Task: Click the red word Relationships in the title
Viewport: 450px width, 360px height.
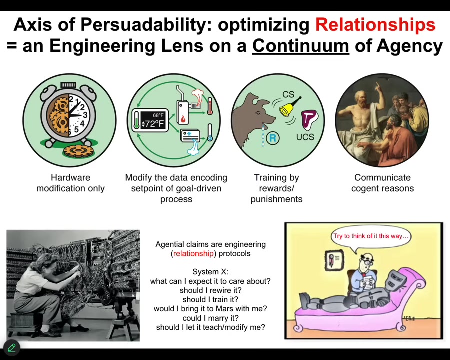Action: click(x=375, y=24)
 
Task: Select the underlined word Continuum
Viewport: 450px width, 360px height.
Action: click(x=301, y=46)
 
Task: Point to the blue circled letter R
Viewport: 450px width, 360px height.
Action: click(x=273, y=138)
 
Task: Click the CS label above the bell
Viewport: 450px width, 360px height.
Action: click(x=288, y=94)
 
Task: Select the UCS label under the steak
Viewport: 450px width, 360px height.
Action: click(x=305, y=137)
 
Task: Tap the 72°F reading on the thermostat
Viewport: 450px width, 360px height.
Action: click(x=154, y=124)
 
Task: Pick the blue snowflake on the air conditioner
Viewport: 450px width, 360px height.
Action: click(x=189, y=134)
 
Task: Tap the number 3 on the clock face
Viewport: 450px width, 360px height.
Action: click(x=85, y=115)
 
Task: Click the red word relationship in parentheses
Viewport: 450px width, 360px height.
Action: click(x=193, y=254)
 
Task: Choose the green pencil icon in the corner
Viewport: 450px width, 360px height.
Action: click(x=12, y=348)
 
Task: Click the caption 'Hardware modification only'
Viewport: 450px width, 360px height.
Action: click(x=70, y=183)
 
